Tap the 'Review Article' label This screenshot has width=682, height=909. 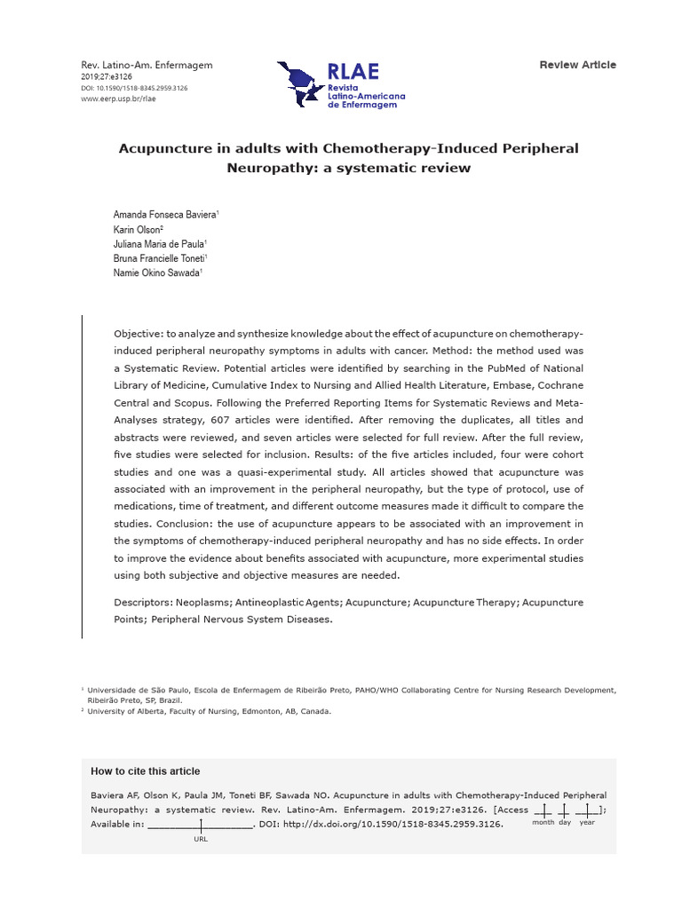tap(577, 65)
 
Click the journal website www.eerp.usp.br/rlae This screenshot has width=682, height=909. tap(120, 99)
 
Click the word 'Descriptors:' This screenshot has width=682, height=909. tap(146, 603)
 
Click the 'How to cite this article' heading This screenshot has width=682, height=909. tap(146, 771)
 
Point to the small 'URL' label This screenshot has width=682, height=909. tap(201, 839)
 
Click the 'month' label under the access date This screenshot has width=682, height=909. tap(543, 823)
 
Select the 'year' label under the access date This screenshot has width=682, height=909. tap(587, 823)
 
